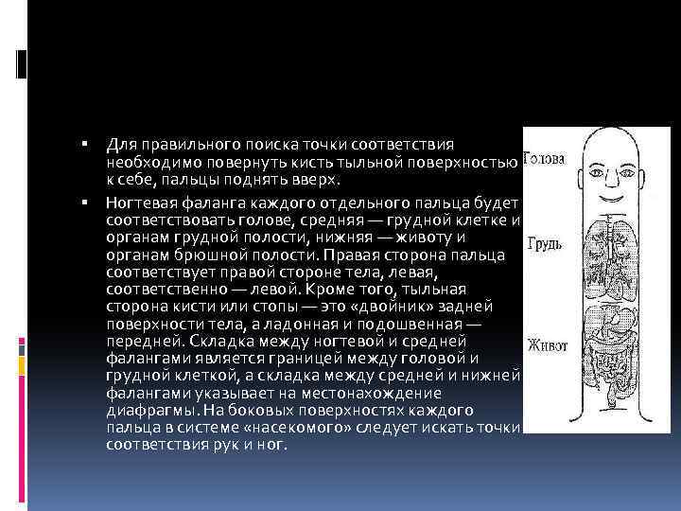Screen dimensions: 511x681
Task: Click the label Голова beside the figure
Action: tap(544, 158)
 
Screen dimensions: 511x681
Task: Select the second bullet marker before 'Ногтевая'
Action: tap(84, 202)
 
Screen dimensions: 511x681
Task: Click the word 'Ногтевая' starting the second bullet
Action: tap(139, 203)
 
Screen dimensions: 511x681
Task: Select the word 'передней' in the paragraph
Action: tap(144, 342)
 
